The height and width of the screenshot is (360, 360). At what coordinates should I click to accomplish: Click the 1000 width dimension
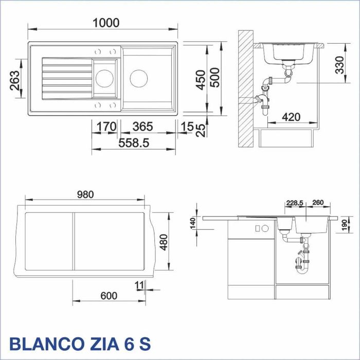click(x=106, y=23)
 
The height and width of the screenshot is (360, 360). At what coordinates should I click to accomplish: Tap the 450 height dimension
click(x=202, y=79)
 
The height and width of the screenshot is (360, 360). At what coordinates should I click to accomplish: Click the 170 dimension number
click(x=104, y=127)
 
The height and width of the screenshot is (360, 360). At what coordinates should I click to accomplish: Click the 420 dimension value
click(x=292, y=117)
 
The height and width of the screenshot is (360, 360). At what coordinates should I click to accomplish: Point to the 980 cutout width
click(x=85, y=194)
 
